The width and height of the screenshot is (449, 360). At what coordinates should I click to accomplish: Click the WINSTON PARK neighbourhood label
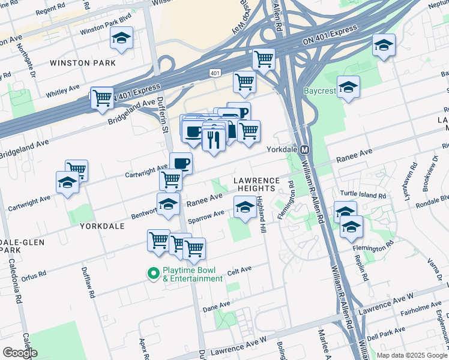click(x=79, y=62)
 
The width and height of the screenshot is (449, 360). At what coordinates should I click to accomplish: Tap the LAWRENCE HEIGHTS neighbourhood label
click(x=256, y=184)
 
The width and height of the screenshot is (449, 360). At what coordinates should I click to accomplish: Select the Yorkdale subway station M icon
click(x=304, y=149)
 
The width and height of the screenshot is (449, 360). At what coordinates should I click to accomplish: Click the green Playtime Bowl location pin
click(x=153, y=274)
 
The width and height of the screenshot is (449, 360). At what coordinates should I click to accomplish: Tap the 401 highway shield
click(x=215, y=73)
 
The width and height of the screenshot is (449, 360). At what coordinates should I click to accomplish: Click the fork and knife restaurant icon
click(x=213, y=140)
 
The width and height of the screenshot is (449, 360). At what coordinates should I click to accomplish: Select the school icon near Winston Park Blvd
click(x=122, y=39)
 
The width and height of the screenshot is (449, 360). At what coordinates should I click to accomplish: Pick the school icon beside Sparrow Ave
click(x=244, y=208)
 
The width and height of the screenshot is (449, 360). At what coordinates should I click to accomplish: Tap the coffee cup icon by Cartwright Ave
click(x=181, y=163)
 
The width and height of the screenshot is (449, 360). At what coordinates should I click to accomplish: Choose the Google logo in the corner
click(x=20, y=353)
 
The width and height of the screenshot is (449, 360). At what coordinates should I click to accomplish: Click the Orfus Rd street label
click(x=32, y=277)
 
